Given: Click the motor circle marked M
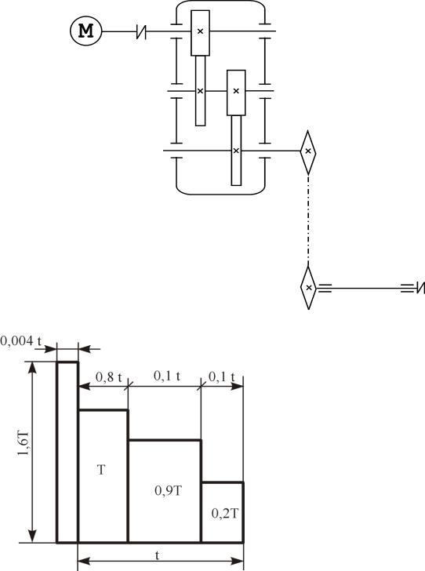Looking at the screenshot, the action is click(x=86, y=31).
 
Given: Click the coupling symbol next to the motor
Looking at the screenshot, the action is click(x=141, y=31).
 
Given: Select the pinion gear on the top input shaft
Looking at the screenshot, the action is click(x=200, y=33).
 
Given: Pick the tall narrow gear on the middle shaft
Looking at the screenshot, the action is click(x=200, y=91).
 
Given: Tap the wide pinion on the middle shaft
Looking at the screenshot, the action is click(x=236, y=93).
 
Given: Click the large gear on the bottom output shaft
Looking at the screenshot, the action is click(x=236, y=151).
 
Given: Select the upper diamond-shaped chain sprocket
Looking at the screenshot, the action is click(x=308, y=152).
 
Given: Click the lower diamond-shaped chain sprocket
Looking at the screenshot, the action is click(x=309, y=288).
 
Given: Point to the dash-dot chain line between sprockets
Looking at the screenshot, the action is click(x=308, y=220).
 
